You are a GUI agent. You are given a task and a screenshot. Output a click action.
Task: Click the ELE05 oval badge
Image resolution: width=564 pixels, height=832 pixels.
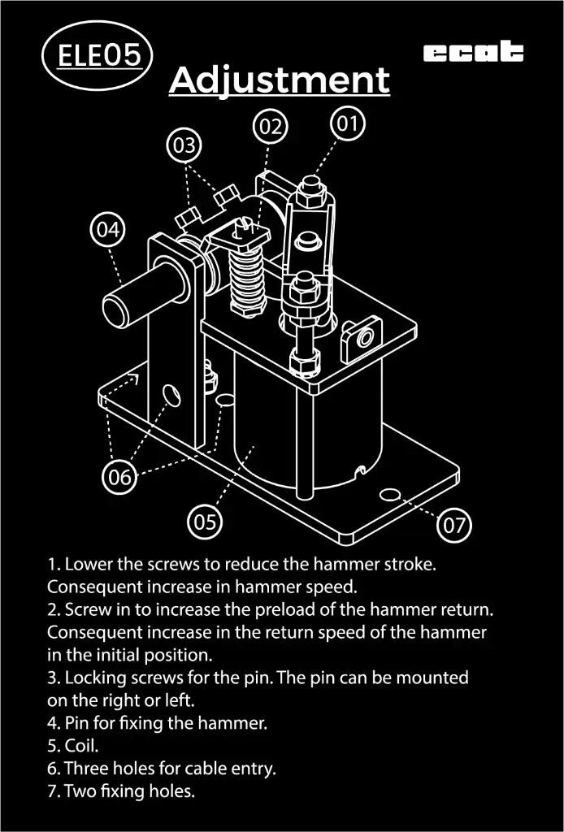[x=97, y=55]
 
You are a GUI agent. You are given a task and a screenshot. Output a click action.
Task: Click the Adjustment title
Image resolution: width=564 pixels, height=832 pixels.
[x=280, y=80]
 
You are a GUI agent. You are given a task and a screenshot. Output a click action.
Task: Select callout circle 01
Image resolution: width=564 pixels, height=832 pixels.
[x=348, y=123]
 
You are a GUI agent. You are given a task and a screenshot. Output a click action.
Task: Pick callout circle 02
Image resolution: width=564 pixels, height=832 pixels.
[x=270, y=127]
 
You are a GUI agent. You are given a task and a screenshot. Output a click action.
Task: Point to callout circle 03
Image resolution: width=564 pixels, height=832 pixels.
[x=184, y=145]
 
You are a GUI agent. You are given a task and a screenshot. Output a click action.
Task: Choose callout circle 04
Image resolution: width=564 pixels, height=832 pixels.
[x=108, y=230]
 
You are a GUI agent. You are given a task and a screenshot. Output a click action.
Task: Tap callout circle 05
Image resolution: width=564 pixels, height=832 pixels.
[x=205, y=522]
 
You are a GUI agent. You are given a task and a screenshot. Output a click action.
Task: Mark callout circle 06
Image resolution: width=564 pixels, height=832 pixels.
[x=119, y=476]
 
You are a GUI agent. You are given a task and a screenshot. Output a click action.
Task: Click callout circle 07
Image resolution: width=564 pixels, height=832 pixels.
[x=453, y=526]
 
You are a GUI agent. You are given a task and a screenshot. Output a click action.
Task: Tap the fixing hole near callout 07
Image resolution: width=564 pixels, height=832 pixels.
[x=391, y=495]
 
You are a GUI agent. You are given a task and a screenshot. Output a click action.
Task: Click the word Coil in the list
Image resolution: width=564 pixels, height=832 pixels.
[x=82, y=746]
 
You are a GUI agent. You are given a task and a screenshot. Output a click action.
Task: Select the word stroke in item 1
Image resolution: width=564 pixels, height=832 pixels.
[x=410, y=564]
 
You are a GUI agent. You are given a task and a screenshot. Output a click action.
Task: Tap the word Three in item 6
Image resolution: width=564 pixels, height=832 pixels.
[x=88, y=768]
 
